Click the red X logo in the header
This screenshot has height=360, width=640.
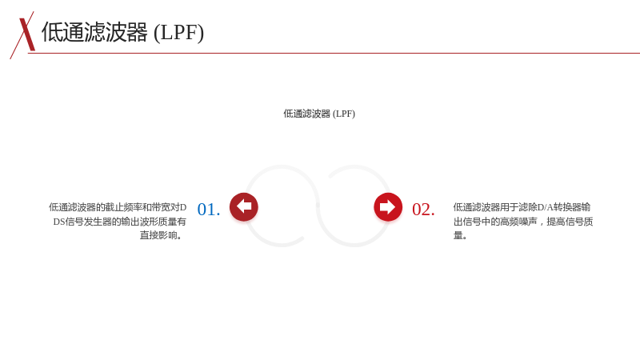pyautogui.click(x=23, y=35)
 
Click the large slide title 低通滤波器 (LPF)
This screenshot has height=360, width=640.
pyautogui.click(x=122, y=32)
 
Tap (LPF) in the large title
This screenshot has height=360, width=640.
pyautogui.click(x=178, y=33)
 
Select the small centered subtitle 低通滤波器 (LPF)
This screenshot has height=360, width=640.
pyautogui.click(x=319, y=114)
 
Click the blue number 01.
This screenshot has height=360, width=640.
pyautogui.click(x=209, y=210)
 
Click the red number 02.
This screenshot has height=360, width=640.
pyautogui.click(x=423, y=210)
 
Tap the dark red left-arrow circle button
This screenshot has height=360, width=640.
pyautogui.click(x=244, y=207)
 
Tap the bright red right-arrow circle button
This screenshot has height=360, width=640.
pyautogui.click(x=388, y=207)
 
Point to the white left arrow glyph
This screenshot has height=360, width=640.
pyautogui.click(x=244, y=206)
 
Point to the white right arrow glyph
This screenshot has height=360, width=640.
pyautogui.click(x=387, y=207)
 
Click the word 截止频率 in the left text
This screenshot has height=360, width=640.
pyautogui.click(x=123, y=207)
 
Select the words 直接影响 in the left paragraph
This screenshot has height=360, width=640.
pyautogui.click(x=158, y=235)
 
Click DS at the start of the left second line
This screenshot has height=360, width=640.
pyautogui.click(x=59, y=222)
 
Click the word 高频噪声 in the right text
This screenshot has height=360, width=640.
pyautogui.click(x=518, y=222)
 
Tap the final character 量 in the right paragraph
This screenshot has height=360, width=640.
pyautogui.click(x=458, y=235)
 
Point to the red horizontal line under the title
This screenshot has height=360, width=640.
pyautogui.click(x=334, y=53)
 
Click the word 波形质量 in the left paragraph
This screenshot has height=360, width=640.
pyautogui.click(x=158, y=222)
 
